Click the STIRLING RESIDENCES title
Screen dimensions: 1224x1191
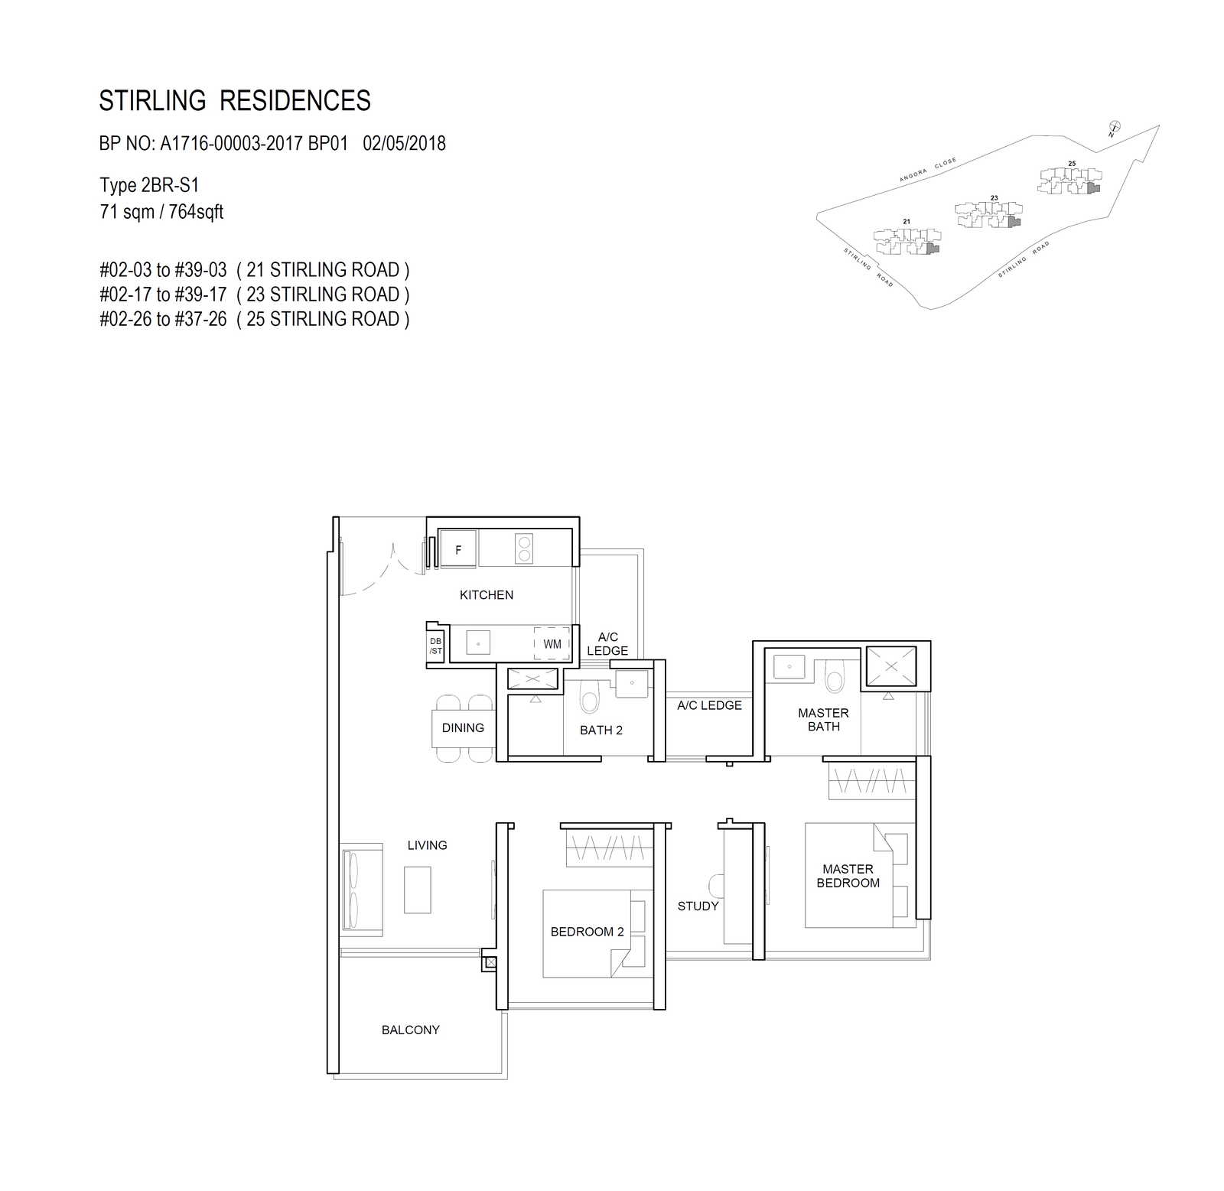click(x=235, y=101)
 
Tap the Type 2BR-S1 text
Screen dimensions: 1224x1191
click(x=149, y=185)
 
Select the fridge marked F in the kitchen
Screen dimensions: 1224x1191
click(x=457, y=548)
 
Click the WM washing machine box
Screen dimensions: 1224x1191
click(x=552, y=643)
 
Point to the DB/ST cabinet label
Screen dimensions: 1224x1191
click(x=435, y=646)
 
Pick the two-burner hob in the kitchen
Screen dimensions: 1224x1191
click(x=524, y=548)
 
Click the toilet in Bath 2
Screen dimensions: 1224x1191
click(x=589, y=696)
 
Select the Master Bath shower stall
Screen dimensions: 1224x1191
click(x=890, y=666)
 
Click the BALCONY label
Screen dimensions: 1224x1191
click(x=411, y=1030)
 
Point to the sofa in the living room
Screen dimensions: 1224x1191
click(x=361, y=890)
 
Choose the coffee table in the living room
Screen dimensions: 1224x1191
click(x=418, y=890)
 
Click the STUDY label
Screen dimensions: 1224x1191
click(x=698, y=906)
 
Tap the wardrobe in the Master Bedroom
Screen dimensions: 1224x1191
click(x=872, y=780)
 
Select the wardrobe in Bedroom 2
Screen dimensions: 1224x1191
click(x=609, y=848)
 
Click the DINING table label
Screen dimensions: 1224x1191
click(x=463, y=727)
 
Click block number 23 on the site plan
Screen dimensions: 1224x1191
click(x=994, y=198)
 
